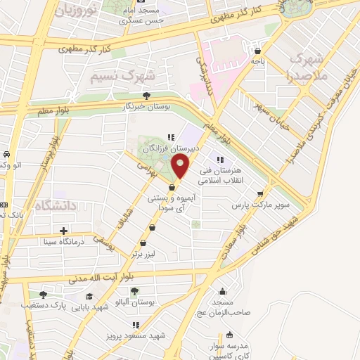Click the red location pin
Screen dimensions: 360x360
[x=181, y=167]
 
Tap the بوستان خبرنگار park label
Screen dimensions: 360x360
[x=147, y=105]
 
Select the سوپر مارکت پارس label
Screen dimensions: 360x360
[x=262, y=205]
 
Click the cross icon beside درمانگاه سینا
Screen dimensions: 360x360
[x=64, y=231]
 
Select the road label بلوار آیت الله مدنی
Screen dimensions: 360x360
[x=110, y=278]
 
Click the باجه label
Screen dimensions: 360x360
[x=258, y=61]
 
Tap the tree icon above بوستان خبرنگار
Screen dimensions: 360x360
[x=146, y=96]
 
